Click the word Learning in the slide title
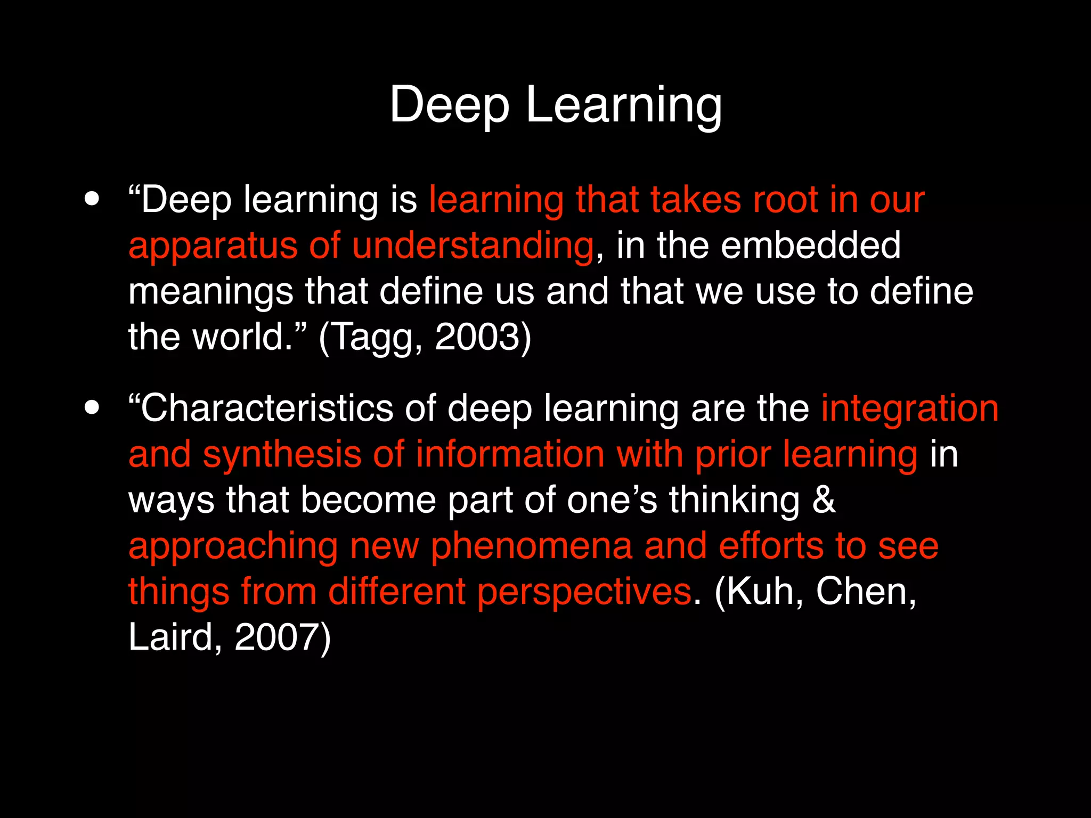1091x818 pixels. tap(624, 105)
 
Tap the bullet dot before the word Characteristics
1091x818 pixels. tap(92, 407)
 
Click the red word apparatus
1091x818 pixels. tap(213, 246)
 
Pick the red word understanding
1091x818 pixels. tap(473, 246)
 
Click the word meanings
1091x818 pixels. tap(210, 292)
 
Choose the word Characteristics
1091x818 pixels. tap(266, 408)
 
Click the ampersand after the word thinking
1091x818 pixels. tap(824, 500)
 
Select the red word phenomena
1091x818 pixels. tap(531, 546)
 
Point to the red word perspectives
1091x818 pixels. tap(584, 592)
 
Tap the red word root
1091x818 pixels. tap(785, 200)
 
